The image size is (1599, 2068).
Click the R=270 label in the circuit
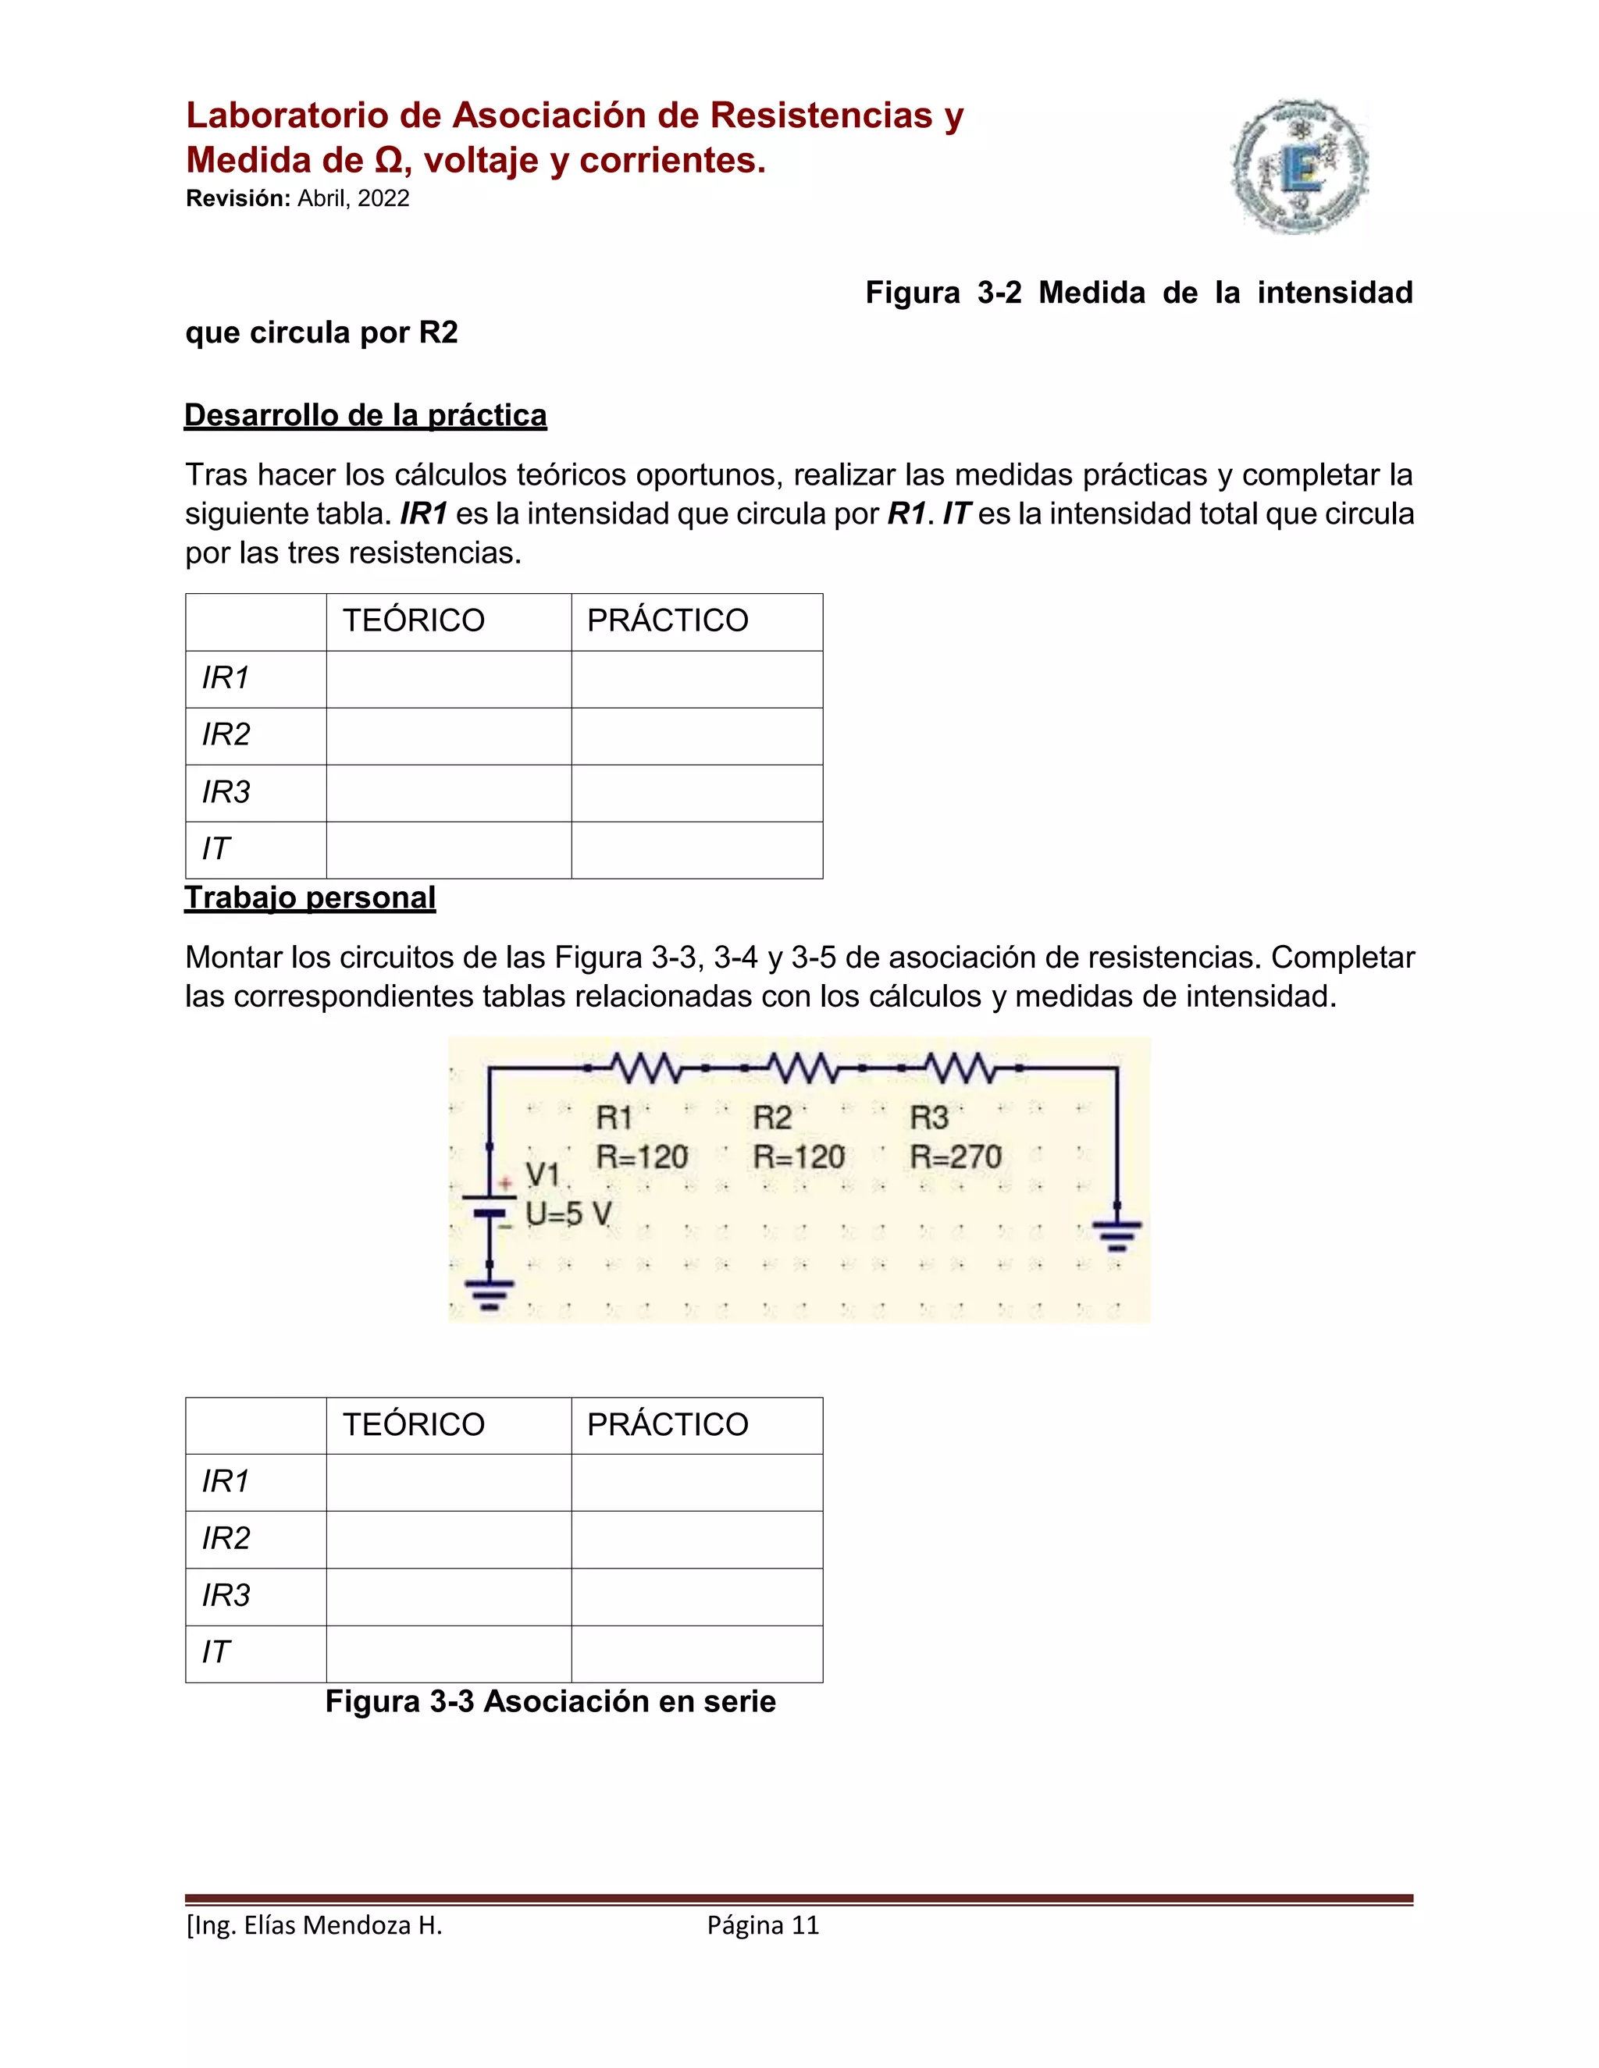[955, 1157]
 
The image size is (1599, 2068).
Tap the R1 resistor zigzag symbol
[646, 1068]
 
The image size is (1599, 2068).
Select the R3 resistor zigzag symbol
[960, 1068]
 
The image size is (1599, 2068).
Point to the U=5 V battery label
[568, 1214]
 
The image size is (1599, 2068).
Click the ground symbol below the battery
[489, 1293]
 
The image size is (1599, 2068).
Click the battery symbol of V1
[489, 1206]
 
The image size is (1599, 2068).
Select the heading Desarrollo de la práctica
[365, 416]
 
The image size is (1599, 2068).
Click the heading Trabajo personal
[310, 897]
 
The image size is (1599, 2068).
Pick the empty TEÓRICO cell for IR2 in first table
[448, 736]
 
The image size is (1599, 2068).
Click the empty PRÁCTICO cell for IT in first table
[696, 849]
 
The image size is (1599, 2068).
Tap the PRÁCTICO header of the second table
[668, 1425]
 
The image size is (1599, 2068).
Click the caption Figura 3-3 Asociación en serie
[550, 1701]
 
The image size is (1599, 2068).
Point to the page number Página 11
[763, 1925]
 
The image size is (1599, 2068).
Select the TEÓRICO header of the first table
[413, 621]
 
